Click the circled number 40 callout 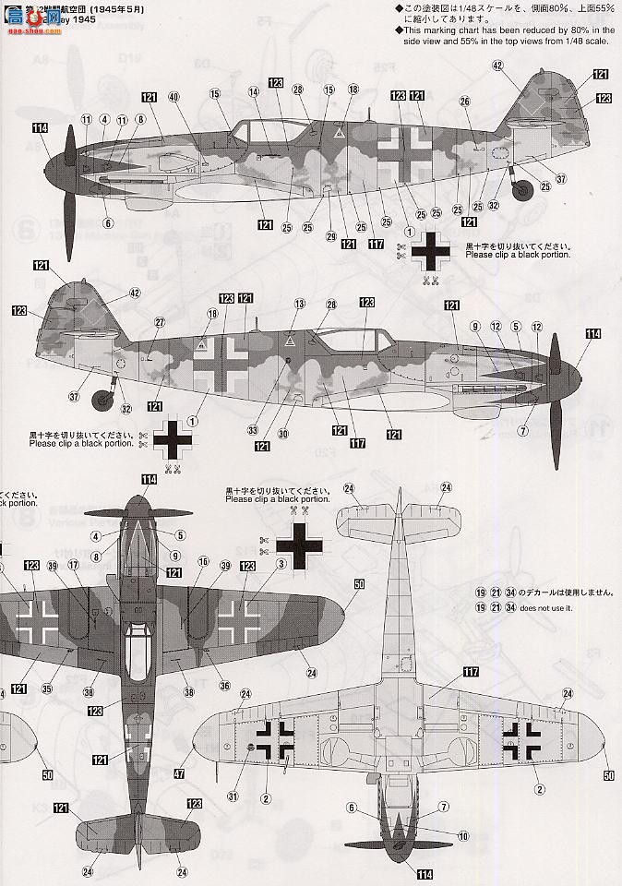[x=173, y=98]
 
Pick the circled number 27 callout [x=160, y=322]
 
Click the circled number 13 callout [x=299, y=304]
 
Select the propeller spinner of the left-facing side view [x=69, y=167]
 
